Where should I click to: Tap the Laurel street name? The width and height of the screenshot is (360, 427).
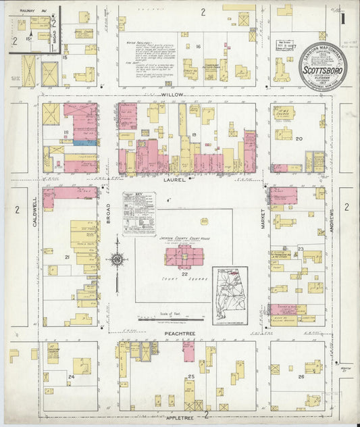pyautogui.click(x=170, y=180)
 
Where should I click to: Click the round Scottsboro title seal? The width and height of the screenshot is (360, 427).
pyautogui.click(x=322, y=66)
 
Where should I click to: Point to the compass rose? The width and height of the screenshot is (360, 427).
pyautogui.click(x=118, y=259)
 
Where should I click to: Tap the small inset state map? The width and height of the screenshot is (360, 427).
pyautogui.click(x=230, y=295)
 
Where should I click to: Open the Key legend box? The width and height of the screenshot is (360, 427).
pyautogui.click(x=138, y=214)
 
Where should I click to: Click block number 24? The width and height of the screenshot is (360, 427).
pyautogui.click(x=70, y=376)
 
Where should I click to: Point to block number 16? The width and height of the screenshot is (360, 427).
pyautogui.click(x=199, y=47)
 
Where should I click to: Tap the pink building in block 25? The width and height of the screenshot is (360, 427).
pyautogui.click(x=189, y=351)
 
